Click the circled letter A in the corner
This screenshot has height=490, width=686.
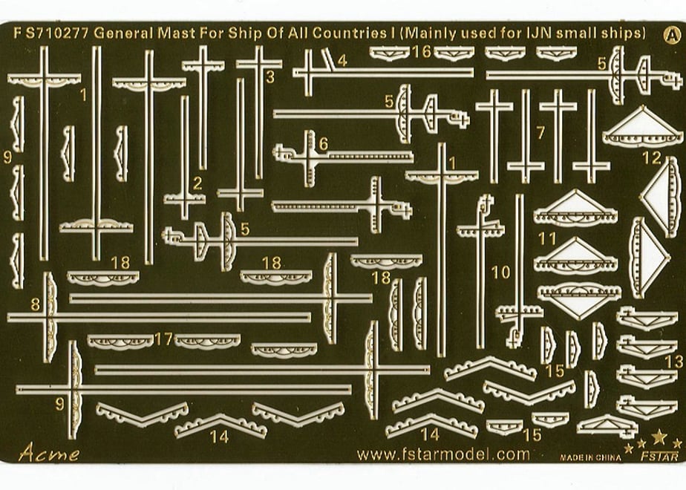672,36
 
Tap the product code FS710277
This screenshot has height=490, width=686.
51,33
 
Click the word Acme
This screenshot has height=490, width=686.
48,452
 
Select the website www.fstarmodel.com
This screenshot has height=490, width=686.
442,454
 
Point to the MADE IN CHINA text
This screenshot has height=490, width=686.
590,457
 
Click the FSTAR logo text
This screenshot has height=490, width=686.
660,457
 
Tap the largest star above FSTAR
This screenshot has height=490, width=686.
659,437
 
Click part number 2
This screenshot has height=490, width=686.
197,184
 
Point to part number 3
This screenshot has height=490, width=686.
270,77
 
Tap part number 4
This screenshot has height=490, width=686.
342,60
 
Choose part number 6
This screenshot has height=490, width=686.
323,143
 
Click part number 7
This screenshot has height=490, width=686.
540,132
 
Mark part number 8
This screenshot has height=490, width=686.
35,304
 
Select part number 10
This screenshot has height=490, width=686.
500,272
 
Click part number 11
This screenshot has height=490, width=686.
547,239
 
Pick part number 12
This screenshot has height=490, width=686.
651,158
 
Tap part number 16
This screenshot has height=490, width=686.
422,52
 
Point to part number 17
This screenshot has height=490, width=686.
163,339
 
